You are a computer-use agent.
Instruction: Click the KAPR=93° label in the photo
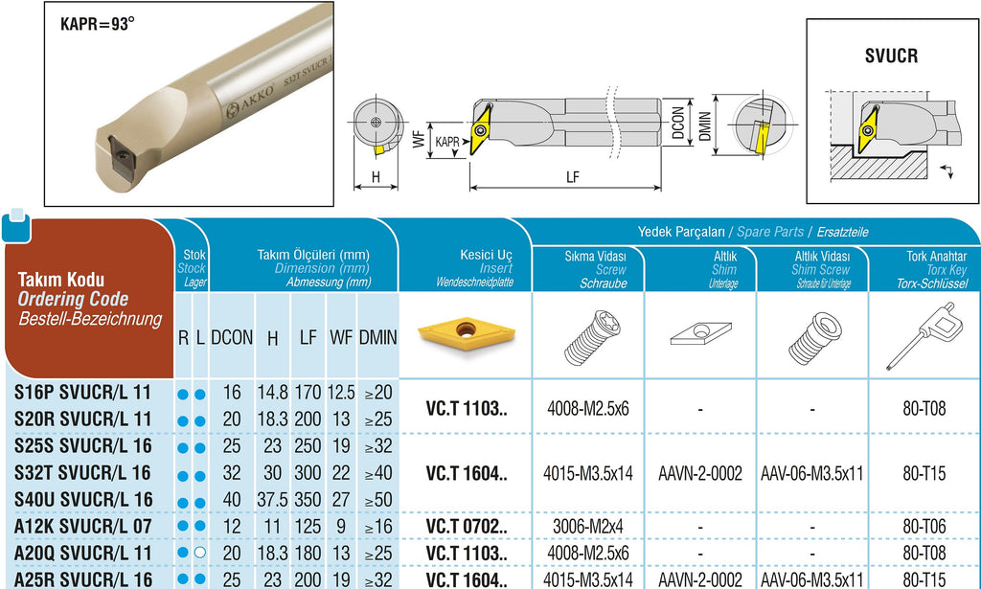[98, 24]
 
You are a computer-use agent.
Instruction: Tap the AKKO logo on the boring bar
[250, 100]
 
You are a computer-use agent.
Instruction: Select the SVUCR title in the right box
[892, 56]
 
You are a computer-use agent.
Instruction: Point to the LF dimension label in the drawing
[572, 177]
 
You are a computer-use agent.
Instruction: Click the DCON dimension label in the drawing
[677, 123]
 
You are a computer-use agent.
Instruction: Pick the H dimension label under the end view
[376, 177]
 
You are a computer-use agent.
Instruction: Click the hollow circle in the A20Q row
[199, 553]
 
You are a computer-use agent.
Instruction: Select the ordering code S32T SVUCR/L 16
[83, 473]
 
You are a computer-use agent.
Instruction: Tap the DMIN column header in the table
[377, 338]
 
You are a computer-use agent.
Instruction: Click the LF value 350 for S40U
[308, 500]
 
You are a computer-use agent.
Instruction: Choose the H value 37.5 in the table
[272, 500]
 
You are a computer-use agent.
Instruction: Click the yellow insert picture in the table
[467, 334]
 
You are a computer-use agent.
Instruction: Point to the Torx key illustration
[921, 336]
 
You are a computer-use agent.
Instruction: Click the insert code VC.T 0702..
[467, 527]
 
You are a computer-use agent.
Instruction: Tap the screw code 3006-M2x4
[587, 527]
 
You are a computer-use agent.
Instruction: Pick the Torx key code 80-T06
[924, 527]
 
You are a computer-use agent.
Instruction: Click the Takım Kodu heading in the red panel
[60, 280]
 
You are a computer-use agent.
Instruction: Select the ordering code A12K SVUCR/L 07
[82, 527]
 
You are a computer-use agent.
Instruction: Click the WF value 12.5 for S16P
[341, 393]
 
